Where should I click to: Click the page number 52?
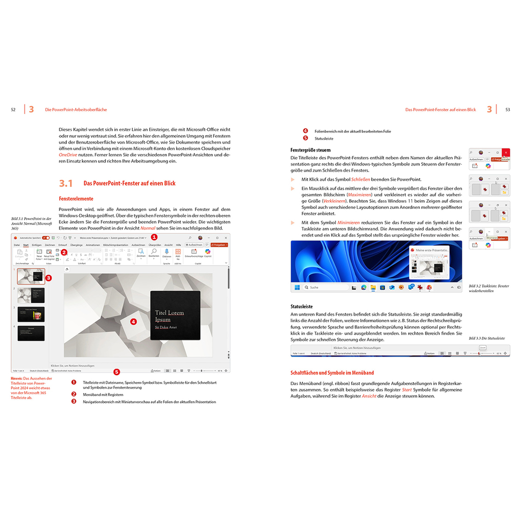click(13, 110)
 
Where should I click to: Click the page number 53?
click(507, 110)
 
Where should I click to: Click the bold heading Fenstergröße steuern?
click(310, 150)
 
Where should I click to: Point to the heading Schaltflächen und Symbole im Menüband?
click(332, 373)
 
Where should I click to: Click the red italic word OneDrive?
click(68, 154)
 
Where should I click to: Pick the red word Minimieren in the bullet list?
click(348, 223)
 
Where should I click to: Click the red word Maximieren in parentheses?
click(360, 195)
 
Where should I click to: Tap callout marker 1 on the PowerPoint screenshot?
click(155, 237)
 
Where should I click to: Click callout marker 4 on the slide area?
click(133, 322)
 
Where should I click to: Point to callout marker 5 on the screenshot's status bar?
click(116, 371)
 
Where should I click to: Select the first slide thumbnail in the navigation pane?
click(31, 276)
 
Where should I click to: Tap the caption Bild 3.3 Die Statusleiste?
click(486, 338)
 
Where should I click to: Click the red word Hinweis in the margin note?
click(18, 378)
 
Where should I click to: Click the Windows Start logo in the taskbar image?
click(297, 288)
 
